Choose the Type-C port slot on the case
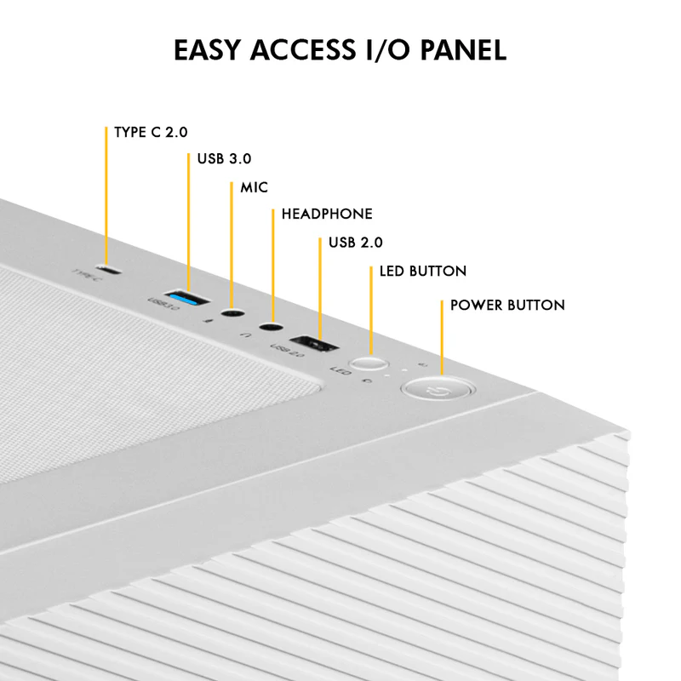(109, 271)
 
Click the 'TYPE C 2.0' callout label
(151, 133)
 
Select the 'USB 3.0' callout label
(224, 158)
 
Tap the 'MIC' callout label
(254, 186)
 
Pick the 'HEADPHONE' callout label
(327, 214)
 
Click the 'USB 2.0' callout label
(356, 243)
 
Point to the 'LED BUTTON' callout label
(422, 272)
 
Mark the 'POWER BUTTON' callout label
(507, 305)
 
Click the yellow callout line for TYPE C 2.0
(106, 196)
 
